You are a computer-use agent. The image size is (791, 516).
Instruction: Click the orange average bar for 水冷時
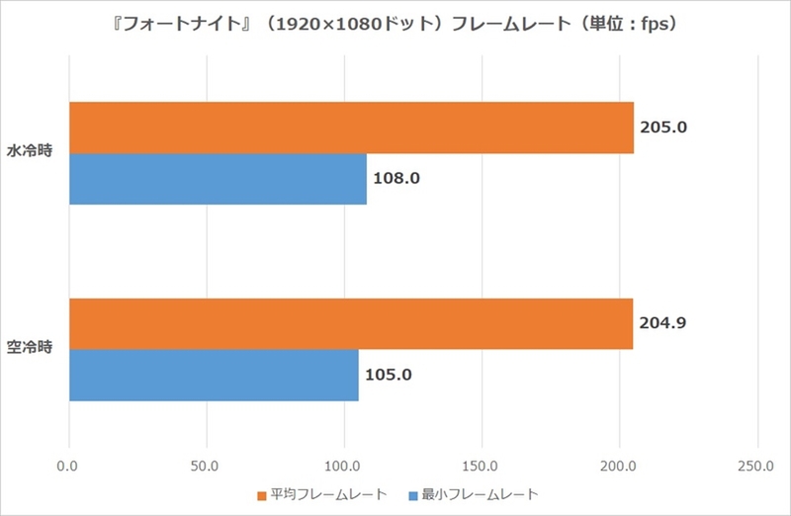351,128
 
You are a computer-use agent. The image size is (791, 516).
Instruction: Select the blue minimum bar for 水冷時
218,179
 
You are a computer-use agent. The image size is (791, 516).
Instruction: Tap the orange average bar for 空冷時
351,323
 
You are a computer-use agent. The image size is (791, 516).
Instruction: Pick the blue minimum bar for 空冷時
214,375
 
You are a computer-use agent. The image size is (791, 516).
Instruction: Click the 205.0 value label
662,128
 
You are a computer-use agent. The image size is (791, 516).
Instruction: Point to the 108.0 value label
396,180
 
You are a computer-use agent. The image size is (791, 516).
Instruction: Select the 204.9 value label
662,323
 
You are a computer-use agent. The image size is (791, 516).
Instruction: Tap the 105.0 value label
389,376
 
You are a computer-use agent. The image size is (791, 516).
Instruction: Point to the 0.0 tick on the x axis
69,466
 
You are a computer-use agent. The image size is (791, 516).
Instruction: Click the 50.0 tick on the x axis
207,466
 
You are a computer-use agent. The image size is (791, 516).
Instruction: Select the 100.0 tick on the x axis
344,466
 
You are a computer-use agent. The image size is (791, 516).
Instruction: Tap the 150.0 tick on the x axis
482,466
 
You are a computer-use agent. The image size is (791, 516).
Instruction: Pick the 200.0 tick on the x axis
619,466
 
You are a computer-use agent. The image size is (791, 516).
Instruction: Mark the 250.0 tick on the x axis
756,466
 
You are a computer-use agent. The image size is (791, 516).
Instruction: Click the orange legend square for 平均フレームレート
262,493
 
